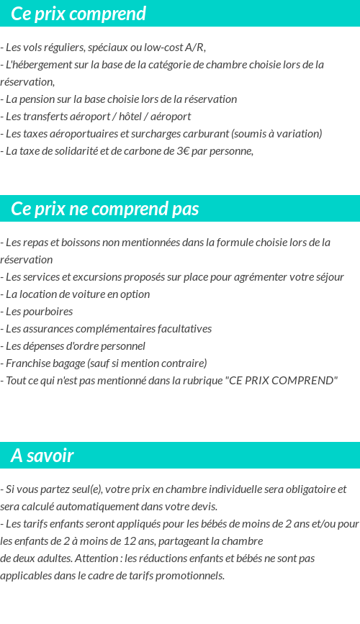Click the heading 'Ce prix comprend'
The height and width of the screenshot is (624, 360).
point(78,14)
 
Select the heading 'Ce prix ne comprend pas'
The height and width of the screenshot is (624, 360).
point(105,209)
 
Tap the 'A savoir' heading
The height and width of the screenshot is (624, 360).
point(42,456)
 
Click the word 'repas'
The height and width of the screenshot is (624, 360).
point(34,243)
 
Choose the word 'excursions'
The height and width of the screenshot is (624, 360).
point(100,277)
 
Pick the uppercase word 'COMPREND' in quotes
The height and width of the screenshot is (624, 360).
point(305,381)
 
